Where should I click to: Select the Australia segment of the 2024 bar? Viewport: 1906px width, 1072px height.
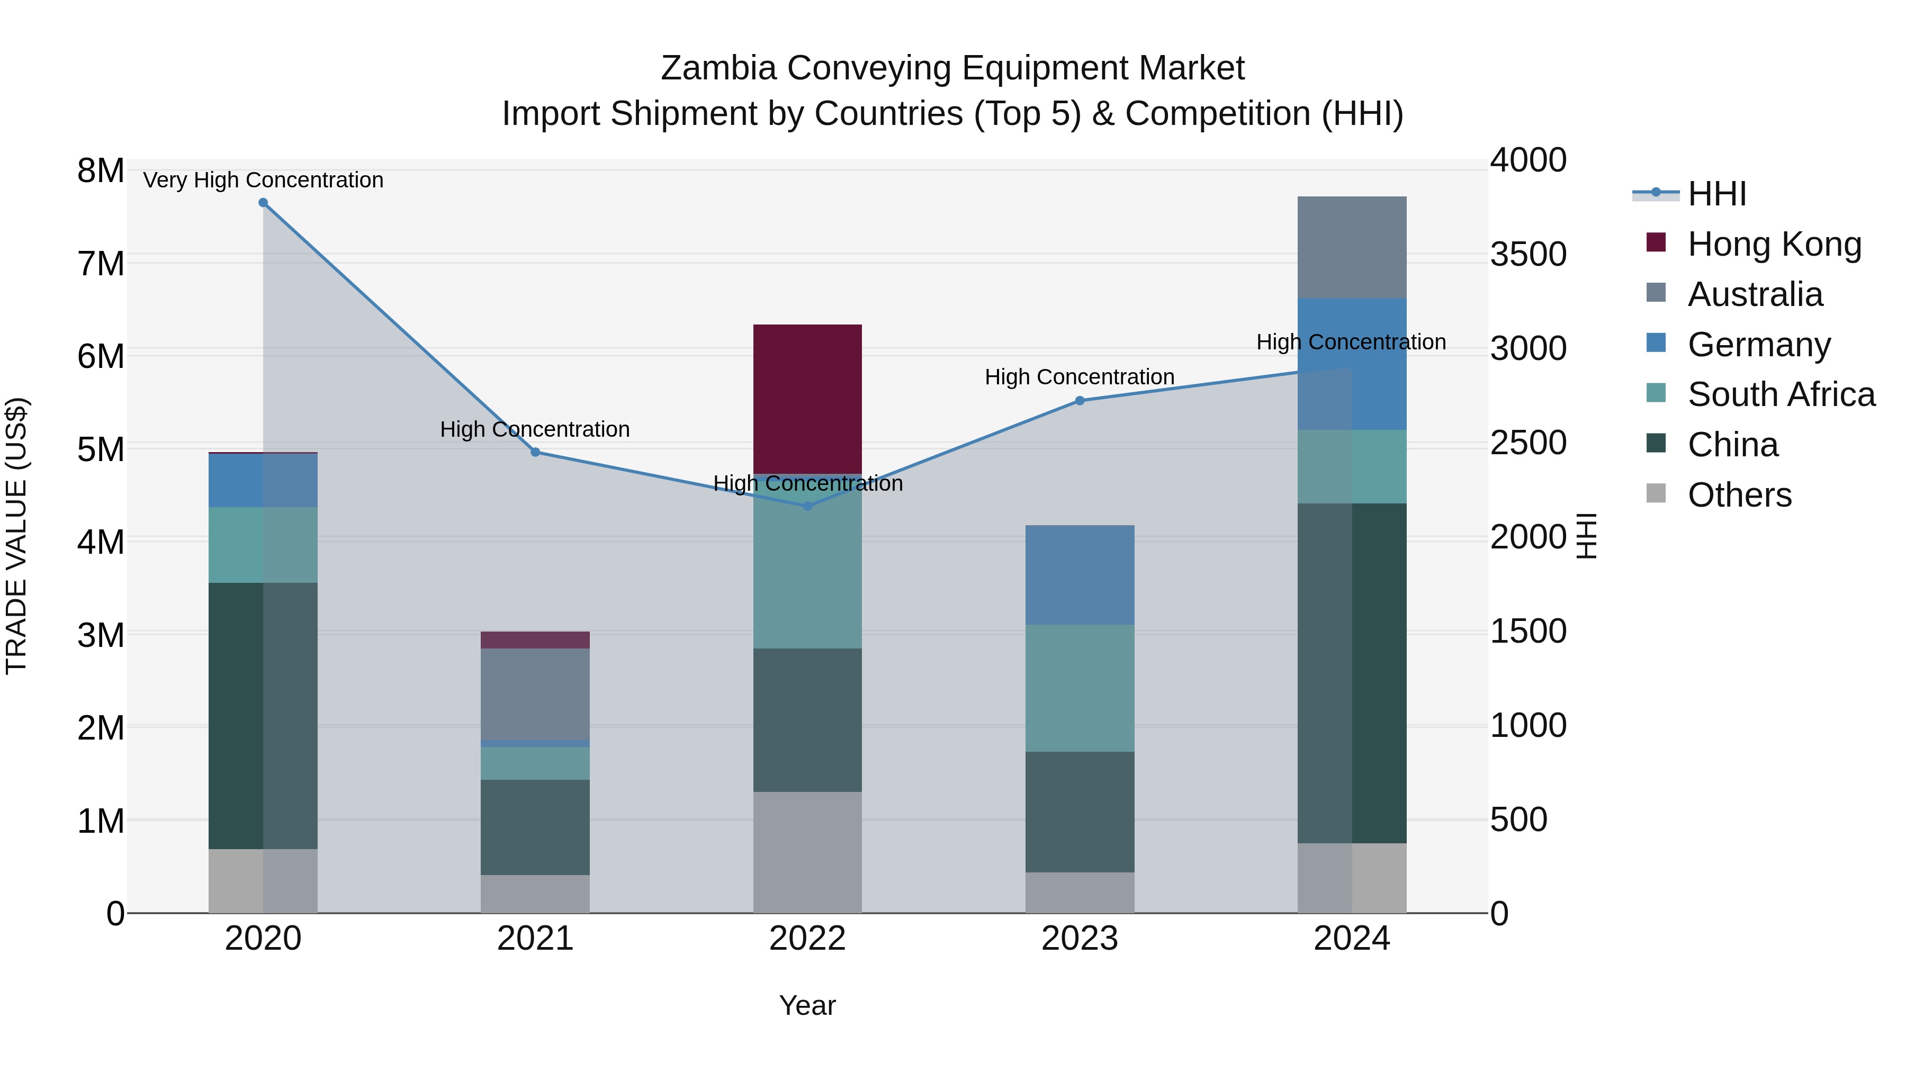tap(1352, 247)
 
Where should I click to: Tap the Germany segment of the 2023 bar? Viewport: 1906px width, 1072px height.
tap(1080, 575)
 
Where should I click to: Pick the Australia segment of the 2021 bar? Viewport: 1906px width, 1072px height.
tap(535, 694)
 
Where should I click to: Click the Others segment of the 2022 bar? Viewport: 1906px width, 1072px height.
tap(807, 852)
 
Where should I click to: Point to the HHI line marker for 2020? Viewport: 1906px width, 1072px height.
tap(263, 203)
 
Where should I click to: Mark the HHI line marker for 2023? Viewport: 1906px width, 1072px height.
tap(1080, 401)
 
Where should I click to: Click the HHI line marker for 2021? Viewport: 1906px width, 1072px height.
tap(535, 452)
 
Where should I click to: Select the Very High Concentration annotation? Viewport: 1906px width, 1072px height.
tap(263, 180)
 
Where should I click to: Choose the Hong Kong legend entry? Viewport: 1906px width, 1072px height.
tap(1774, 244)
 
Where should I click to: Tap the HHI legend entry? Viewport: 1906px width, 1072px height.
tap(1716, 194)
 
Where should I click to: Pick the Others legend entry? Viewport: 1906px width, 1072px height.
tap(1739, 495)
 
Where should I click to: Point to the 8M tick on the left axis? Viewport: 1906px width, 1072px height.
tap(101, 171)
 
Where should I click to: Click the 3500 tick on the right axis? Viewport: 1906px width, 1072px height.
tap(1528, 255)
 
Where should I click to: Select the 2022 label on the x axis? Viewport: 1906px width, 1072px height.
tap(807, 939)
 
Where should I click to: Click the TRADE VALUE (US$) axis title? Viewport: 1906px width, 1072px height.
tap(16, 536)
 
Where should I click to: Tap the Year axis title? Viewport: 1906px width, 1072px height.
tap(807, 1005)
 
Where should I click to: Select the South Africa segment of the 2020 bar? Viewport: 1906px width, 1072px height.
tap(263, 545)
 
